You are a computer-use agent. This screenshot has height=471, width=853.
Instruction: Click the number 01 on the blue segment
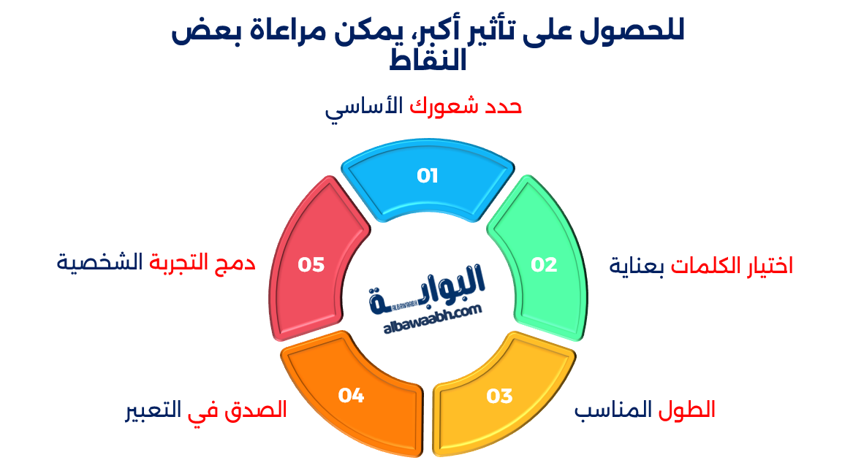[x=427, y=176]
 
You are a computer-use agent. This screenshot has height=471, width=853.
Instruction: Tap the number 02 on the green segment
[x=544, y=264]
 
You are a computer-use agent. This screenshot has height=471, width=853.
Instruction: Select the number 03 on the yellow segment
[x=499, y=397]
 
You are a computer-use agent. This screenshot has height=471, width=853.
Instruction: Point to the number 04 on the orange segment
[x=351, y=396]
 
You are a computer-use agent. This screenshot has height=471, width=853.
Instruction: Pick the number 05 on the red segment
[x=311, y=264]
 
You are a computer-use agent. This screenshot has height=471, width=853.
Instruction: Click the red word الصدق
[x=259, y=410]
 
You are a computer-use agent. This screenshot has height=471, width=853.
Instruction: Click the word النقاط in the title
[x=427, y=61]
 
